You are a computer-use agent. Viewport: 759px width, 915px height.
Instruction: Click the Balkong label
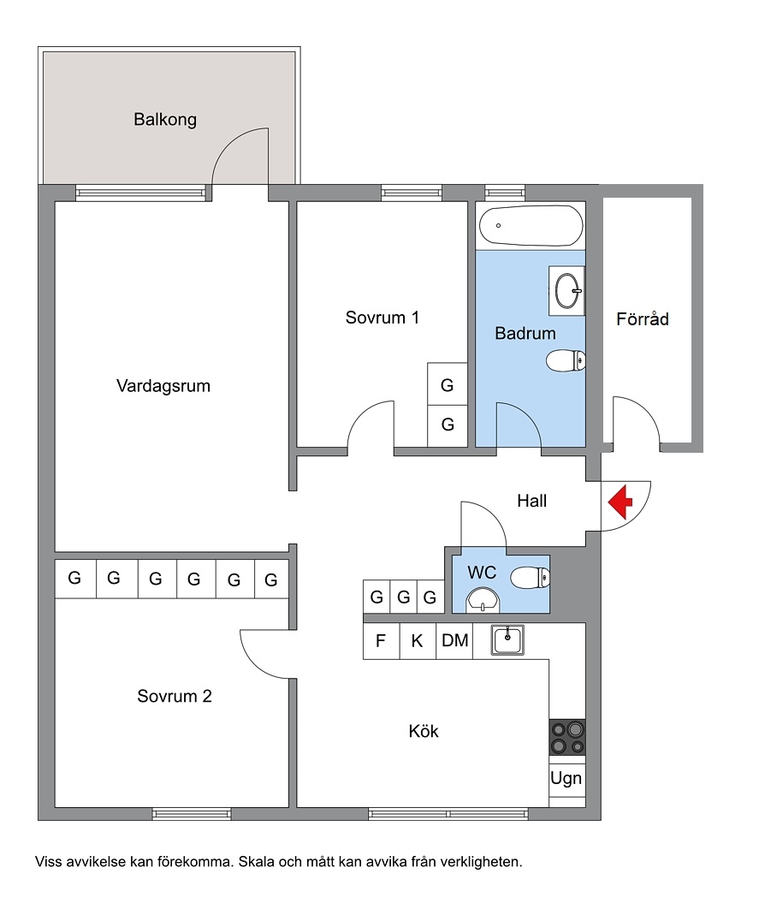(x=165, y=120)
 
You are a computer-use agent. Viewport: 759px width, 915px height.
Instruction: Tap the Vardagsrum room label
(x=163, y=386)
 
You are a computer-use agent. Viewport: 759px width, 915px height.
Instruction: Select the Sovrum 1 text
(x=382, y=318)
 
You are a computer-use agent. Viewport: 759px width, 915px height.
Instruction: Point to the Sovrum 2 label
(x=175, y=696)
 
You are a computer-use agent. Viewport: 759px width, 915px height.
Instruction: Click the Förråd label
(x=643, y=318)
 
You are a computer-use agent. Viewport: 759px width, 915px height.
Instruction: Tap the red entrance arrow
(x=620, y=502)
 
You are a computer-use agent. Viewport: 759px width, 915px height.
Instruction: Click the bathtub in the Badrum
(x=531, y=226)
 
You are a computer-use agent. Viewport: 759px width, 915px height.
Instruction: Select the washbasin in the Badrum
(x=568, y=291)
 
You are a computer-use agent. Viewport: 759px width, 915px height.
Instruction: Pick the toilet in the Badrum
(x=566, y=360)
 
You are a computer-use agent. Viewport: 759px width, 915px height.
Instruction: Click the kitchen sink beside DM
(x=507, y=640)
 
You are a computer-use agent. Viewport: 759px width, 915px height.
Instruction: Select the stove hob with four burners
(x=567, y=738)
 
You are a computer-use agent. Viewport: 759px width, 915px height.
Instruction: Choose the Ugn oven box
(x=567, y=778)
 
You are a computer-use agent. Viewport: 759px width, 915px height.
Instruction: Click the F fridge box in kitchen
(x=381, y=641)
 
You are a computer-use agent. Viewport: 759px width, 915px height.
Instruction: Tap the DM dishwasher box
(x=454, y=641)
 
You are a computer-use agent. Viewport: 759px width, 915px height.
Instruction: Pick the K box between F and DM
(x=418, y=641)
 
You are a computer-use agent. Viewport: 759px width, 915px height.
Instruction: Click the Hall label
(x=532, y=501)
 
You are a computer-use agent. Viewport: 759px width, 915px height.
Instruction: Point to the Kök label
(x=424, y=731)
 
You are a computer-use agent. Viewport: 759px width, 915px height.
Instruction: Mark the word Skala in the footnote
(x=256, y=862)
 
